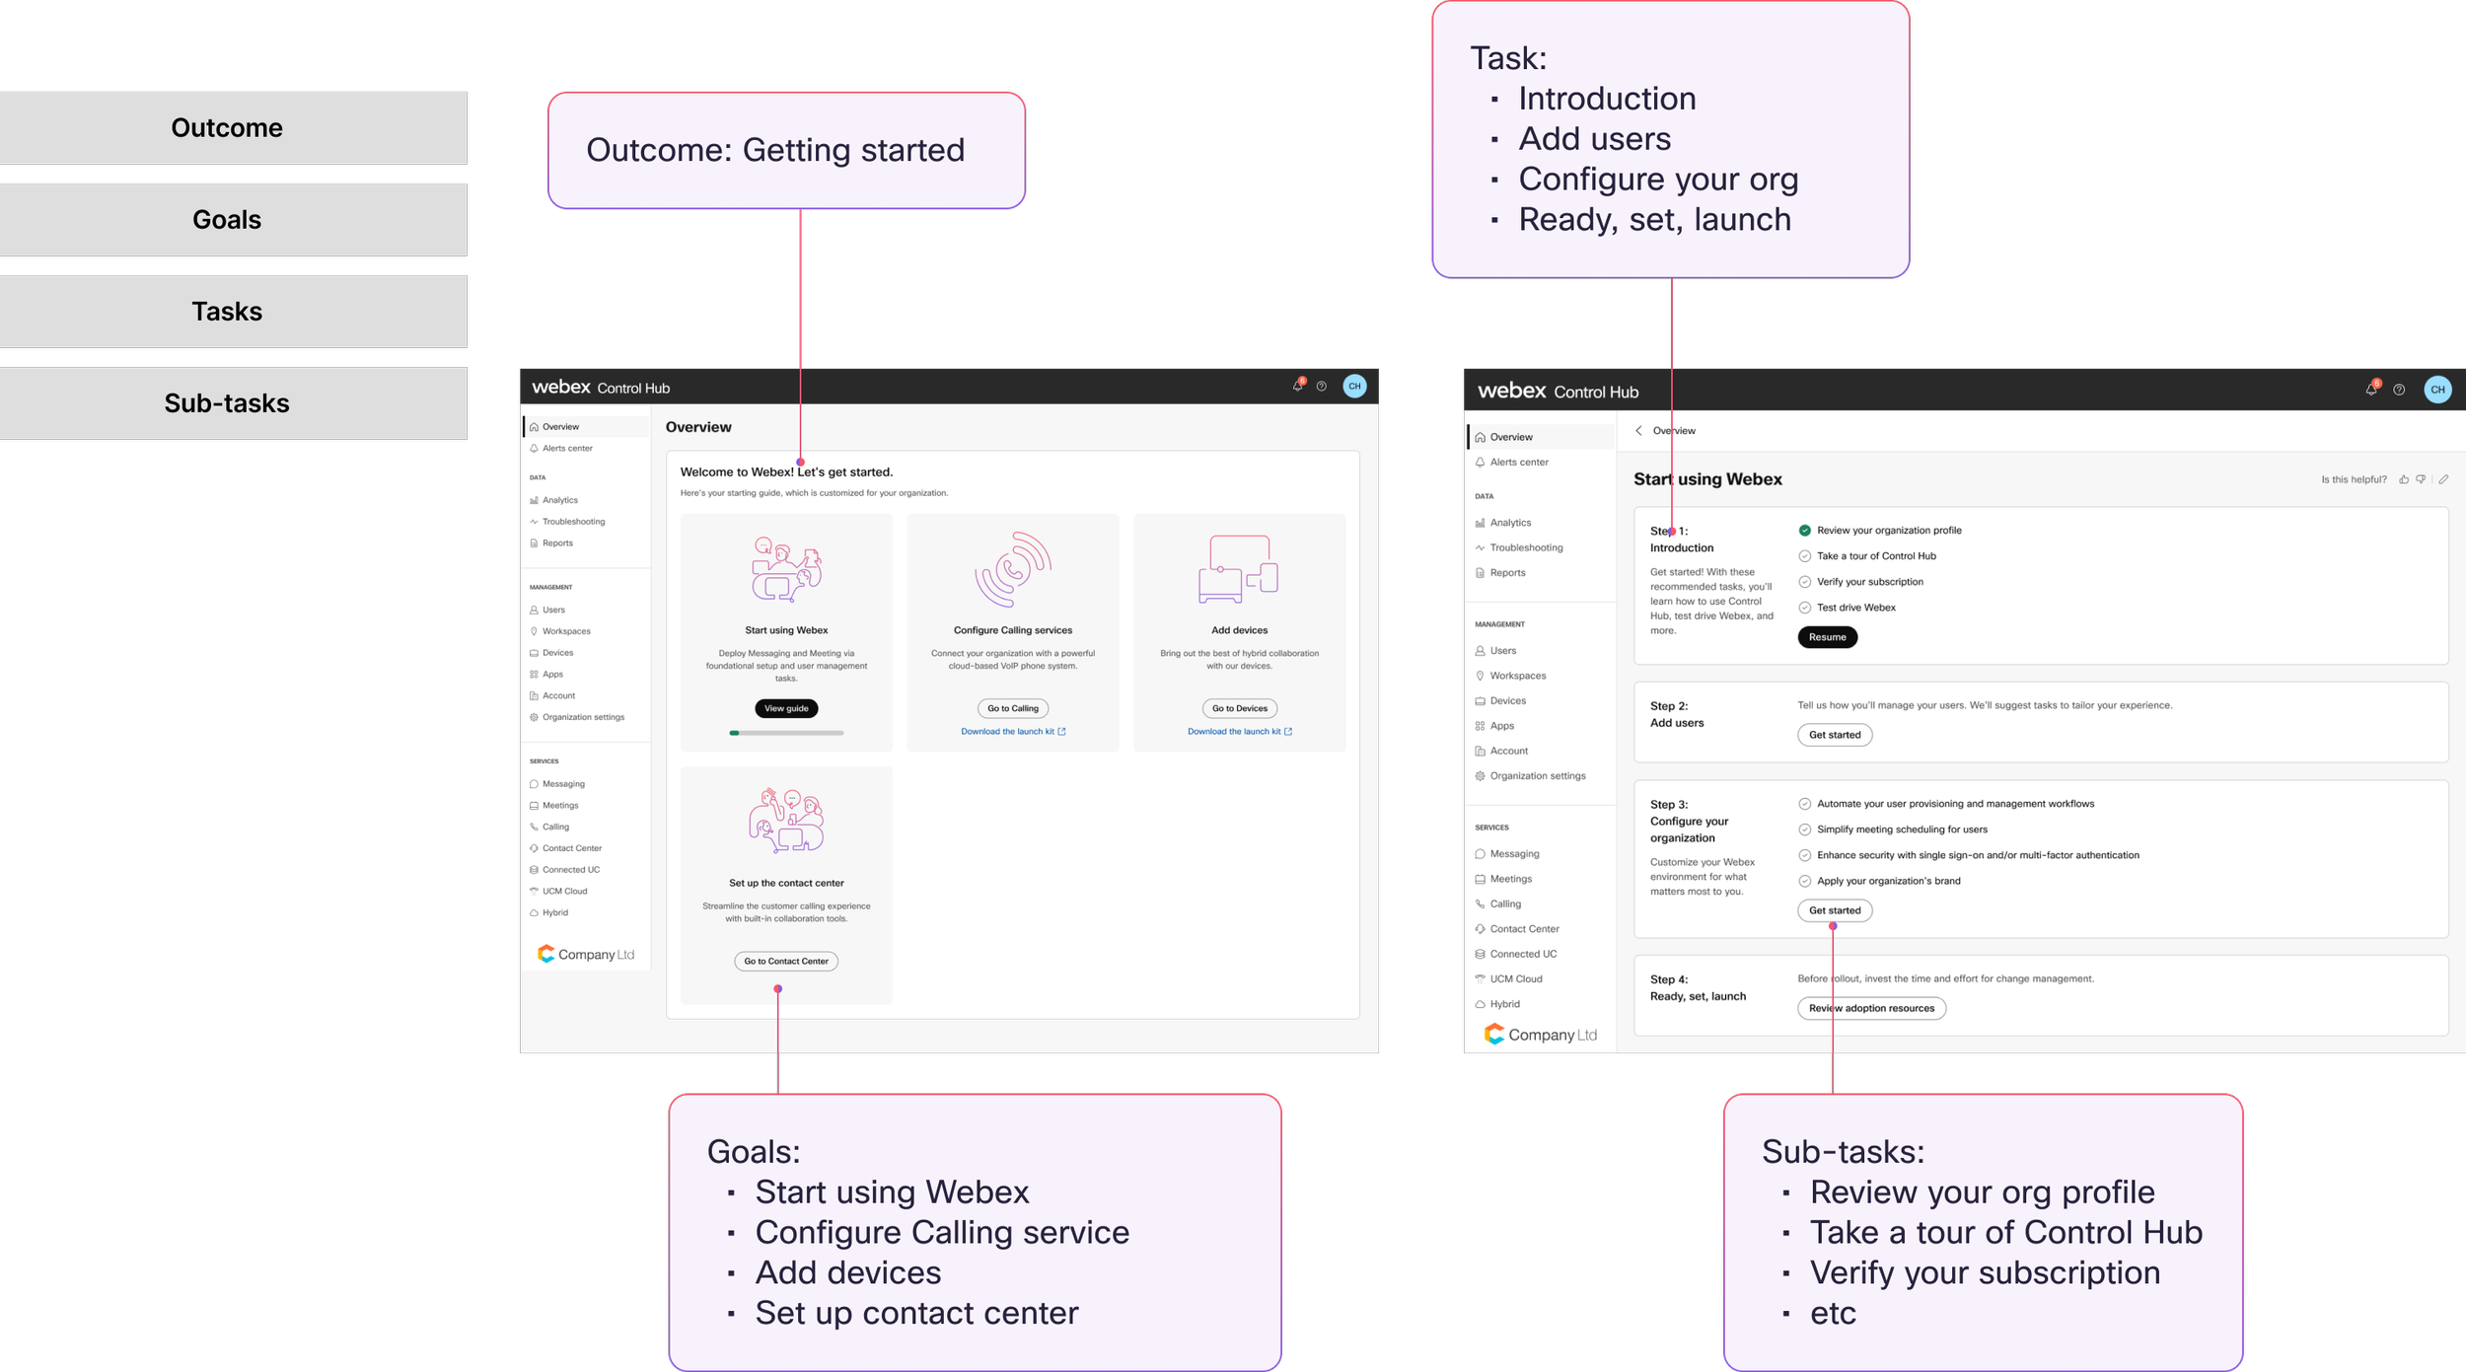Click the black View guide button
[786, 708]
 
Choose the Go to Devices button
[1239, 708]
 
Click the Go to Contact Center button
[786, 961]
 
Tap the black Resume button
[1827, 637]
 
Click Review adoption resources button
[1871, 1008]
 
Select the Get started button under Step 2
[1834, 735]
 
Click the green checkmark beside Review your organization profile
[1804, 531]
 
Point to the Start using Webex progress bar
[786, 733]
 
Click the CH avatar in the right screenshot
[2436, 390]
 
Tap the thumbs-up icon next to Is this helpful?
[2404, 480]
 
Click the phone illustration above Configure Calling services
[1013, 569]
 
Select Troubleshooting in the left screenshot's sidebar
[573, 522]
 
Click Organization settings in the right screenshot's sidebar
[1537, 776]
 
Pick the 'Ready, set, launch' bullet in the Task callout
[1654, 220]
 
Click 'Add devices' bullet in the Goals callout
[847, 1273]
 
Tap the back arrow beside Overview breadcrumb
[1638, 431]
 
